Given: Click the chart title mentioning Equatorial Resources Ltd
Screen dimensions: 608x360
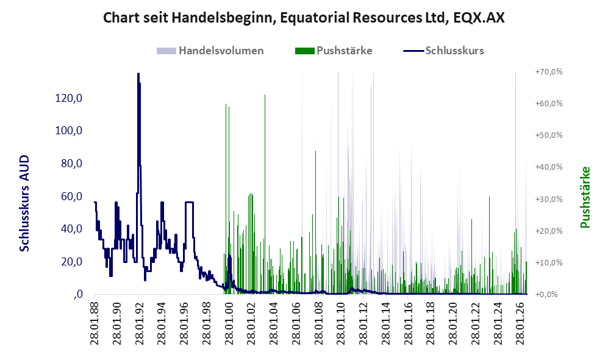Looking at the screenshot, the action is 304,18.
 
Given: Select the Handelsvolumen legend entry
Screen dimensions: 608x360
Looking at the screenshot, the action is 210,51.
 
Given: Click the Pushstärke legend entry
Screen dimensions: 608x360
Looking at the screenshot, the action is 334,51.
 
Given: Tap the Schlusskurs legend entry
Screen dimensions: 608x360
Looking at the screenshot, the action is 443,51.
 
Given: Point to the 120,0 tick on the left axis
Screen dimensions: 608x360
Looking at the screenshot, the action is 69,98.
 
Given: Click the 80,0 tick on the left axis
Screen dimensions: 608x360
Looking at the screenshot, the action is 72,164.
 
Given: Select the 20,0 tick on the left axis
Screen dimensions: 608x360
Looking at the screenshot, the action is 72,262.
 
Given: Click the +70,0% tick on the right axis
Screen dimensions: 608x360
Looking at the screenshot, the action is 549,72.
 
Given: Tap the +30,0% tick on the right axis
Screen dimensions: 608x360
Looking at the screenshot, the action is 549,199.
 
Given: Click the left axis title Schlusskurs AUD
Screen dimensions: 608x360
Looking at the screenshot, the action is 24,203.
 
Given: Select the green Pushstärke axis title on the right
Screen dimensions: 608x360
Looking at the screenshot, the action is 585,197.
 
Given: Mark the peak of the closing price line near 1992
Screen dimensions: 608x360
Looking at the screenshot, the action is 138,73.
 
